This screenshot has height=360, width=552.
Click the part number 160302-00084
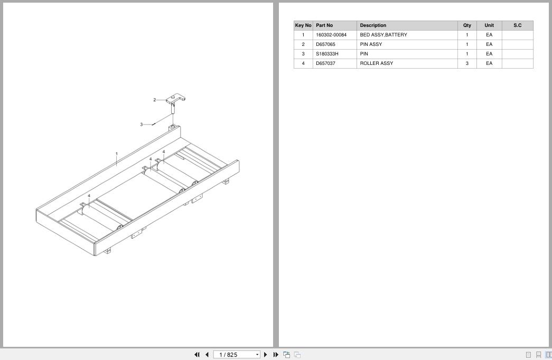click(x=331, y=35)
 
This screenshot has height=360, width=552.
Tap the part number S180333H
click(x=327, y=54)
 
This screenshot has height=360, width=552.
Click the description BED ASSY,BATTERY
click(x=383, y=35)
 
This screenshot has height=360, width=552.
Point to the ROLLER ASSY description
click(x=376, y=63)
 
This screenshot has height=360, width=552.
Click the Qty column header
click(x=467, y=25)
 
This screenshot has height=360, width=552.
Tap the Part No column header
click(x=324, y=25)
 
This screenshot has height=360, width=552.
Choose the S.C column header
click(x=517, y=25)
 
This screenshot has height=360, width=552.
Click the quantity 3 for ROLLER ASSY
click(x=467, y=63)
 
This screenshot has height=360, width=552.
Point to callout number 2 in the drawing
click(x=155, y=100)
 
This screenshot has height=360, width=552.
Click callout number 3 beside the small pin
click(x=142, y=125)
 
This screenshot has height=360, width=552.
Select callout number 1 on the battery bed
click(x=117, y=154)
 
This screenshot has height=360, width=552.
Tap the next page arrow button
click(x=266, y=355)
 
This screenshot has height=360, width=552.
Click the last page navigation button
click(x=276, y=355)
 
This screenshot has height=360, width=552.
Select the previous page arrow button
click(x=207, y=355)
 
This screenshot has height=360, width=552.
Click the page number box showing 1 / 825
click(x=237, y=355)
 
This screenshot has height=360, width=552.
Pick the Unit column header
click(x=489, y=25)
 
